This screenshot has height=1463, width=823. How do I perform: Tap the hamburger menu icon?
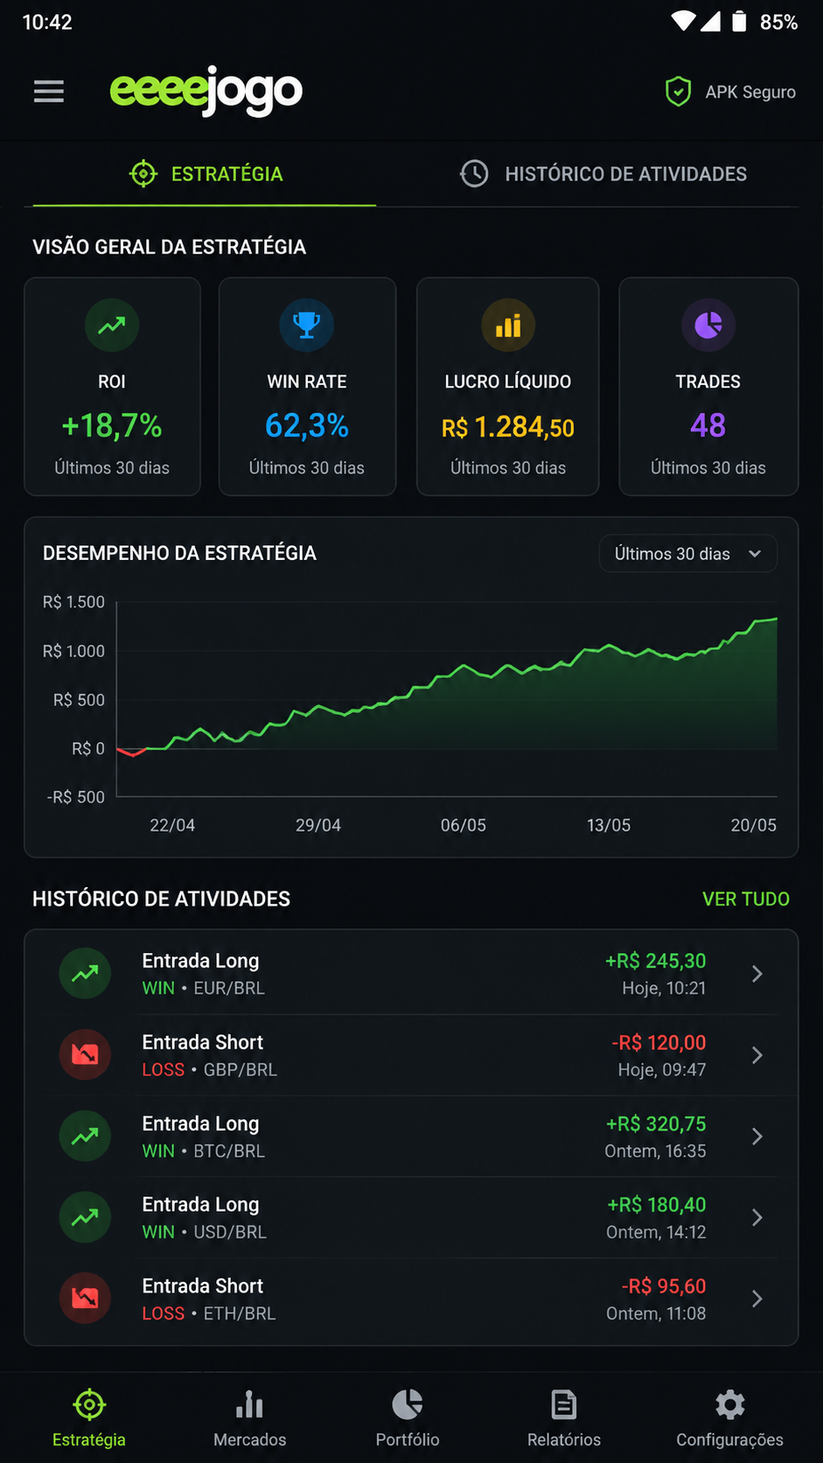[49, 91]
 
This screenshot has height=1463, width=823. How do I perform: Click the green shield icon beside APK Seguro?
[678, 91]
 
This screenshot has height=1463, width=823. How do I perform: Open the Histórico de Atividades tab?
[603, 174]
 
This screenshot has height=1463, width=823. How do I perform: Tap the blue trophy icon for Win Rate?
[306, 325]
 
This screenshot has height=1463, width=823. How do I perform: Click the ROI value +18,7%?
[112, 426]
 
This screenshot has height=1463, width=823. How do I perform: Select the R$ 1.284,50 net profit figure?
[508, 428]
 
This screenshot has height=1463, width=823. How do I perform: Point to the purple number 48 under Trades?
[708, 426]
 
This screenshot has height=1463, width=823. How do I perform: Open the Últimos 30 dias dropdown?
[688, 554]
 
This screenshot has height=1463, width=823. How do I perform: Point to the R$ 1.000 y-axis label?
[73, 651]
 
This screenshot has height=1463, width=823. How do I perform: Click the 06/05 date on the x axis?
[464, 825]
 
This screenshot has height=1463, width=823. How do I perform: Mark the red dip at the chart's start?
[132, 752]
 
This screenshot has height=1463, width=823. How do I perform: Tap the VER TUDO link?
[746, 899]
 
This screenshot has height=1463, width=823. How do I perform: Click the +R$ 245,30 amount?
[656, 961]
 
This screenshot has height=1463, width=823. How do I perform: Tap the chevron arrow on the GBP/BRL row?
[757, 1054]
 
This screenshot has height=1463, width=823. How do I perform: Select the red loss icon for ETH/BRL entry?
[85, 1298]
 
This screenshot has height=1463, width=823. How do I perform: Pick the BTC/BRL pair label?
[229, 1151]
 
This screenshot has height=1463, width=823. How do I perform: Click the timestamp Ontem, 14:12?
[656, 1232]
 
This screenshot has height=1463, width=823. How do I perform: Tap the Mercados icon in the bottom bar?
[249, 1404]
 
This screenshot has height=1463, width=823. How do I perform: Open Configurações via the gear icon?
[729, 1404]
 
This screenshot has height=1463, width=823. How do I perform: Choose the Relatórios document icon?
[564, 1404]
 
